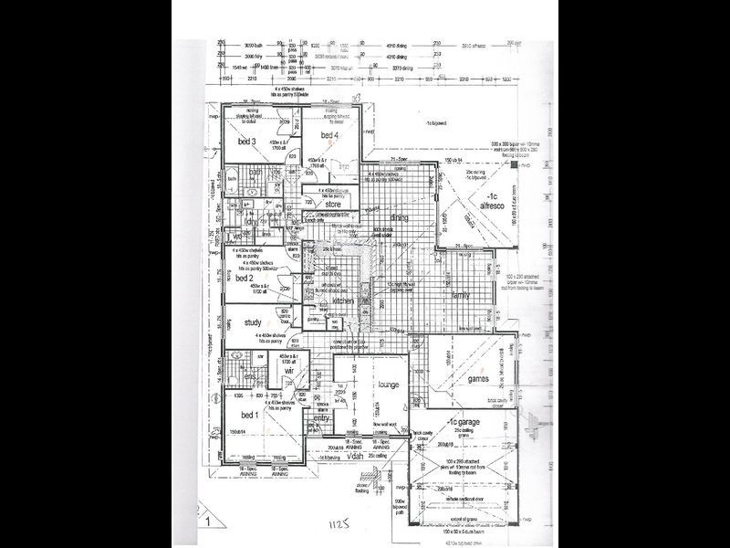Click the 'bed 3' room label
pos(245,142)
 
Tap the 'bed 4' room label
pos(329,135)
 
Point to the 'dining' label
pos(399,217)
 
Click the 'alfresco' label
pos(494,206)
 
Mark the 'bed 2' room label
pos(243,278)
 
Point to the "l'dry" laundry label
pos(251,220)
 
